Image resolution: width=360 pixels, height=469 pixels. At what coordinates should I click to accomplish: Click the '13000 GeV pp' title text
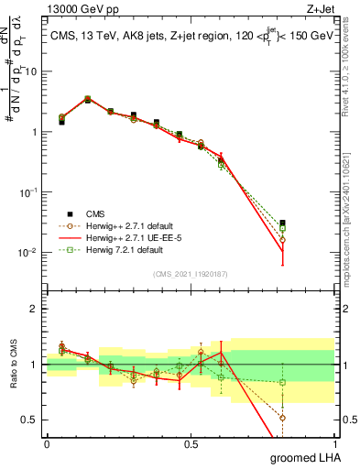pos(80,8)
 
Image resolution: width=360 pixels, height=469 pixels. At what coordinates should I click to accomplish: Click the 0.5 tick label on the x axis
pos(191,443)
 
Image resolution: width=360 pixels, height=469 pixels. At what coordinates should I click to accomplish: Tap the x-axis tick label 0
pos(47,443)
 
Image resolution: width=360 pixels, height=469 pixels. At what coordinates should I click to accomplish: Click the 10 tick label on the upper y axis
pos(31,71)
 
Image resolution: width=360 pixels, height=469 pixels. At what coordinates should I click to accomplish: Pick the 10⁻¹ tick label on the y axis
pos(28,191)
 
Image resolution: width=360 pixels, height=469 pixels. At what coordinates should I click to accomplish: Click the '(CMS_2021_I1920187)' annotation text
pos(191,274)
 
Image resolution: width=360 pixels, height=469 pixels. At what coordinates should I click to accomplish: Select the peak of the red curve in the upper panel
pos(88,99)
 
